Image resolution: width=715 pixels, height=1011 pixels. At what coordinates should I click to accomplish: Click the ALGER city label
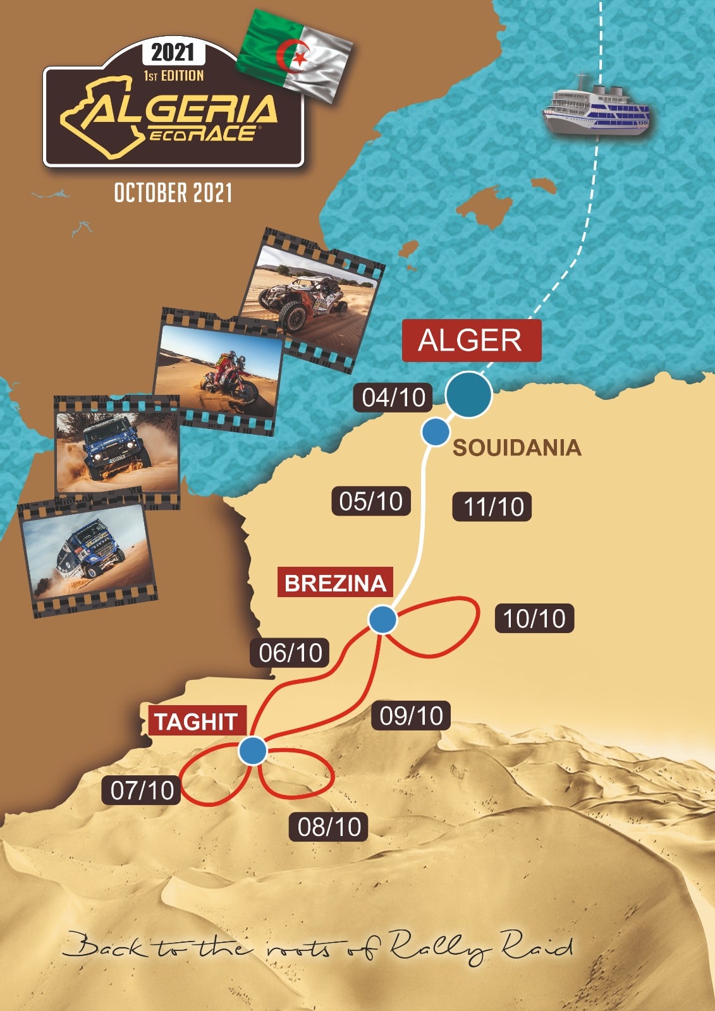point(471,340)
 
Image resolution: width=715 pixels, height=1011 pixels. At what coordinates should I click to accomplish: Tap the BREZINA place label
point(335,583)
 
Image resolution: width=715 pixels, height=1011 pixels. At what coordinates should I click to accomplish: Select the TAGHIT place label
point(197,722)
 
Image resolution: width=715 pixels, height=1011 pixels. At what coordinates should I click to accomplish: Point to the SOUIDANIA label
point(516,447)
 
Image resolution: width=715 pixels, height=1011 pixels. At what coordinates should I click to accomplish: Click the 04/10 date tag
point(393,397)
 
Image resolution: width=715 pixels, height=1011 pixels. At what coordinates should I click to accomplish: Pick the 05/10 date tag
point(370,501)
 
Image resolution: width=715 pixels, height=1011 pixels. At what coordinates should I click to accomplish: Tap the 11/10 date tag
point(492,507)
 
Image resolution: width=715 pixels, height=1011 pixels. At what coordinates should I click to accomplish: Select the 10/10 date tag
point(534,618)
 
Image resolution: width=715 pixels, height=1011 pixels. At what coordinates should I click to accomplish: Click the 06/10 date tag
point(291,652)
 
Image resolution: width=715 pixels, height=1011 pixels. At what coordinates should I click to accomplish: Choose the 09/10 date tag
point(412,715)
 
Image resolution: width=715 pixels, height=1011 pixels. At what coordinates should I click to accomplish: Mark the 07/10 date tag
point(142,790)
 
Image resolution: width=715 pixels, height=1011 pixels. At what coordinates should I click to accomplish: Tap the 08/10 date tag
point(329,826)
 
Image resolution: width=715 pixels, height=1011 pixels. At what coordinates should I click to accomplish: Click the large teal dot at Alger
point(468,394)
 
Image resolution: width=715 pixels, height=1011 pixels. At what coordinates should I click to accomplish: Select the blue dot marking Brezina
point(382,620)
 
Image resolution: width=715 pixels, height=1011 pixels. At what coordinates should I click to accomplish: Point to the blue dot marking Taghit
point(253,751)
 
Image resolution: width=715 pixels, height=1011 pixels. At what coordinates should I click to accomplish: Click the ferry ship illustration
point(596,107)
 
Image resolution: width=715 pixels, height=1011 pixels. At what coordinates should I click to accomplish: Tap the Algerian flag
point(295,55)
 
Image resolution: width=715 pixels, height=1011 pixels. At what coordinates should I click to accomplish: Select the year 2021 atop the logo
point(173,52)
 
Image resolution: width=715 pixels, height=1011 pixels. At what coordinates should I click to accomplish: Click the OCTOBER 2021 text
point(173,193)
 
